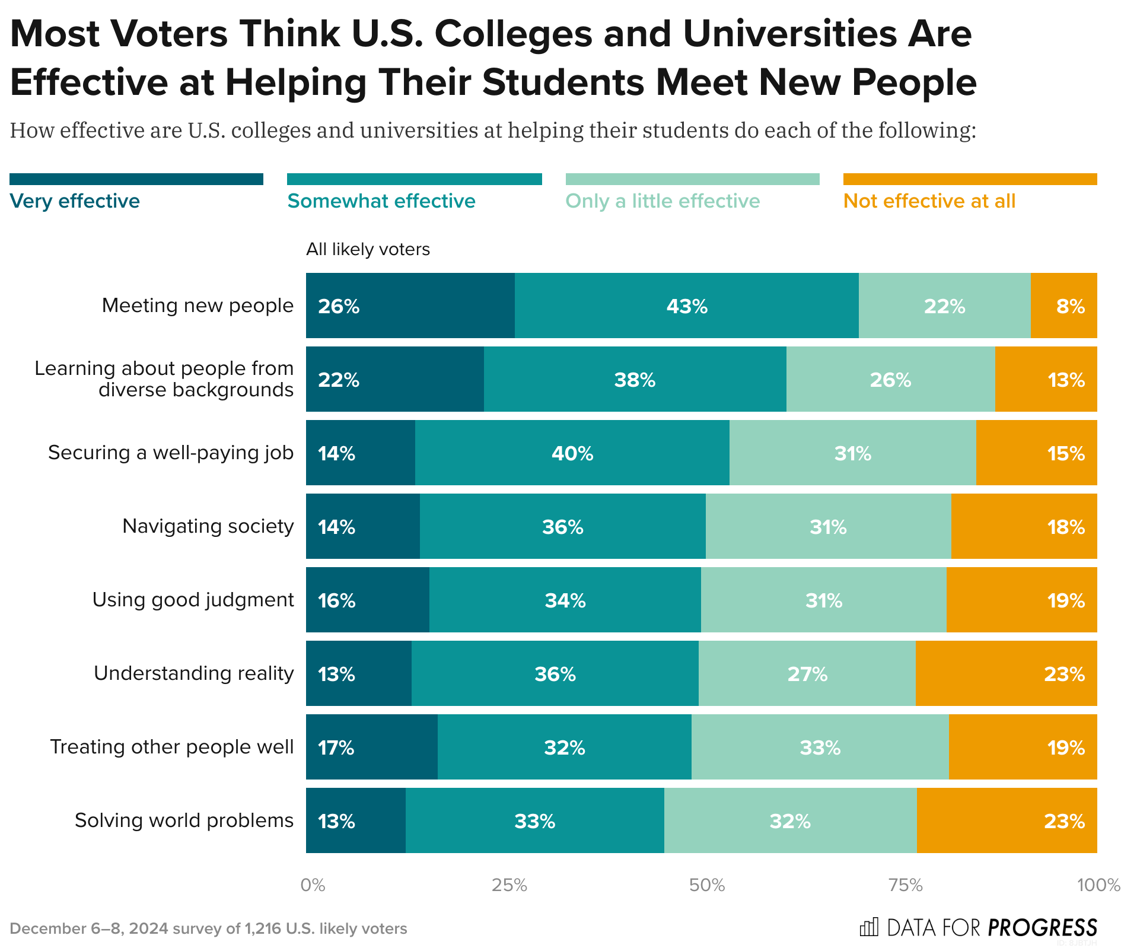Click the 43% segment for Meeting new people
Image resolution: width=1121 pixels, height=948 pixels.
[686, 306]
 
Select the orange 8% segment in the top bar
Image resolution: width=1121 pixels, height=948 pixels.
[1063, 306]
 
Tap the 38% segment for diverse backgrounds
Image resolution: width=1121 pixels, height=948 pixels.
[635, 379]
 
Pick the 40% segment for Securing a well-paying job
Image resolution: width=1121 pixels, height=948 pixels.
[572, 453]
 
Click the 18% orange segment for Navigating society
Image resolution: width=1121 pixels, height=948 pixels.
[1024, 526]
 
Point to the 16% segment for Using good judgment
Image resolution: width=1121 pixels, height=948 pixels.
[367, 600]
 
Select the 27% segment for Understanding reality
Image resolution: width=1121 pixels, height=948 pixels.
[807, 673]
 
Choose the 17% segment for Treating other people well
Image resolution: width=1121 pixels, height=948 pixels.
[371, 747]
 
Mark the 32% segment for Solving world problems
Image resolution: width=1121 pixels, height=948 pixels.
[790, 820]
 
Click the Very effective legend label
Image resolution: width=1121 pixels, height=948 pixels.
[75, 201]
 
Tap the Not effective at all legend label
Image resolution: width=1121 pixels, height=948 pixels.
[929, 201]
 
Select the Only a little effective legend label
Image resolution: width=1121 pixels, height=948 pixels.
[662, 201]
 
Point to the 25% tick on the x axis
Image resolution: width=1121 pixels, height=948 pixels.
[509, 886]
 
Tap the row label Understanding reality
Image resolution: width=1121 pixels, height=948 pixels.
[193, 673]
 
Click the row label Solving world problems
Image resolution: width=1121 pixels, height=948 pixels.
[184, 820]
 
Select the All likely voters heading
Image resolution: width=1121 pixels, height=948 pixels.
[368, 249]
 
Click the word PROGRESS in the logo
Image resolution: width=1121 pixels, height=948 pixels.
[1042, 927]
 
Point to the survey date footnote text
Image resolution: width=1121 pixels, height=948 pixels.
[208, 928]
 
